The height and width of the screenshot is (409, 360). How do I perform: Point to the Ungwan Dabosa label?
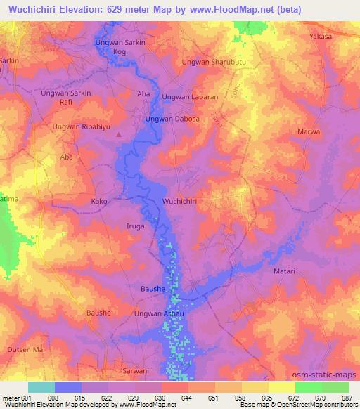[x=172, y=119]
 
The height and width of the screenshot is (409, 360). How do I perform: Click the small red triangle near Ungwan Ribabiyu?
[x=119, y=134]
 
